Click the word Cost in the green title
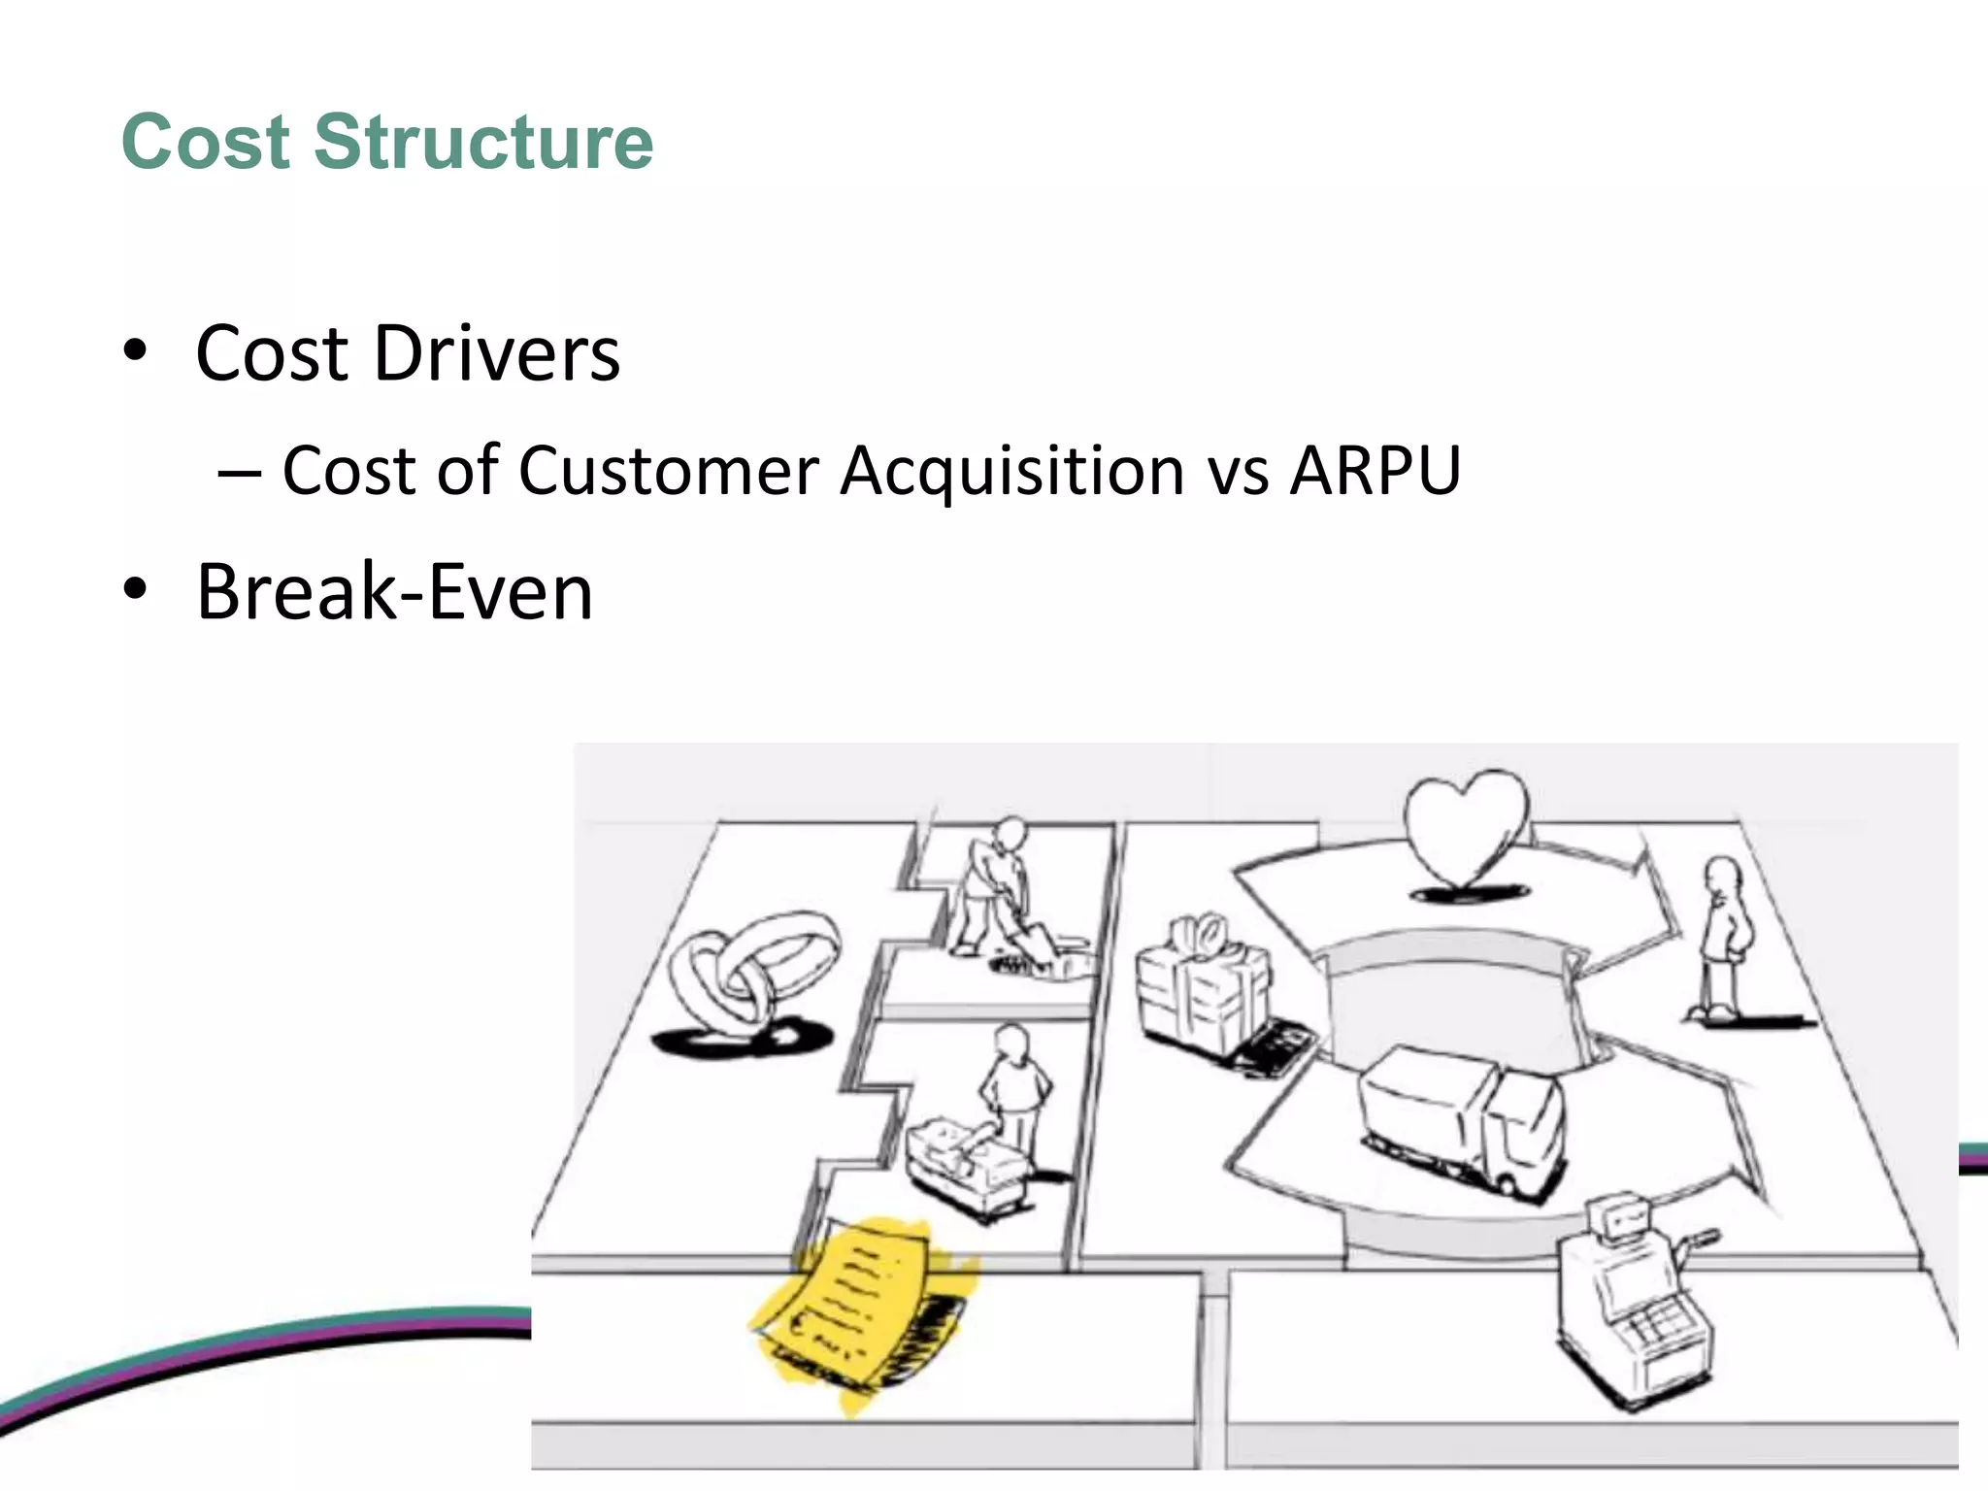[206, 142]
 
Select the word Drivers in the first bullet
[496, 352]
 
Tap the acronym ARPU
[1375, 471]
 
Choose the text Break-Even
[394, 591]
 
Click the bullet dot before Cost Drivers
[135, 350]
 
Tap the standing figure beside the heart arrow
[1723, 937]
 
